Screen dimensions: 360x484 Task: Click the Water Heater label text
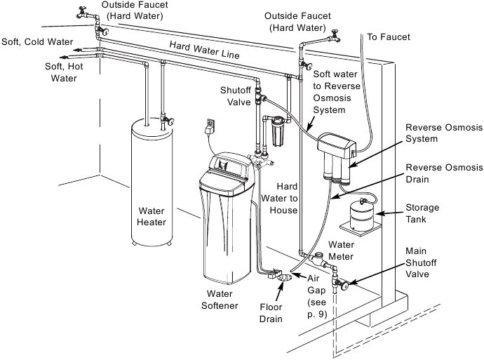click(152, 216)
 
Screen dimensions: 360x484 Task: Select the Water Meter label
click(343, 251)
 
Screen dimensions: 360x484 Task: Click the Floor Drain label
click(269, 313)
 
